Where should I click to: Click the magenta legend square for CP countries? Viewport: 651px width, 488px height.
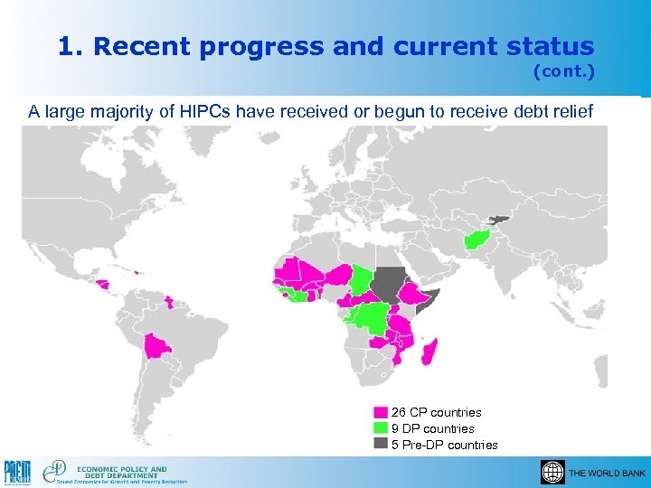[382, 413]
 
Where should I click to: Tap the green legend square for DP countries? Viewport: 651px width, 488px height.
[382, 428]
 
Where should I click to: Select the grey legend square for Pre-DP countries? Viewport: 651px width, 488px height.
[382, 445]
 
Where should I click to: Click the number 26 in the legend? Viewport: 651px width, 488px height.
[399, 413]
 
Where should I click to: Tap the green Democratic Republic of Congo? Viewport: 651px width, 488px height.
[371, 318]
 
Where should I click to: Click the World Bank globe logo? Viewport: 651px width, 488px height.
[552, 472]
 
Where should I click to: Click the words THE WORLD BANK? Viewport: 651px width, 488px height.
[607, 474]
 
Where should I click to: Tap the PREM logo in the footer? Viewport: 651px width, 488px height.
[18, 472]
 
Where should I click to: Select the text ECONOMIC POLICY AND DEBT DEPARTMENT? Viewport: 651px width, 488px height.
[121, 473]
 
